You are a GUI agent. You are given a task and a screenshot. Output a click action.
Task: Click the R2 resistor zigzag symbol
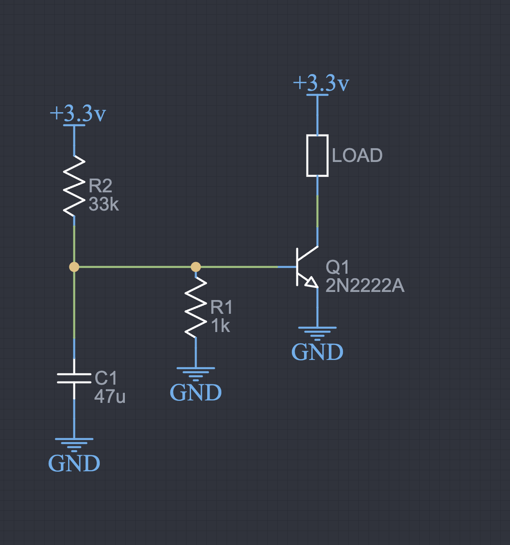click(74, 186)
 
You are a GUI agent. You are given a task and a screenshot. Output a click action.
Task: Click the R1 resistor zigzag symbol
click(196, 307)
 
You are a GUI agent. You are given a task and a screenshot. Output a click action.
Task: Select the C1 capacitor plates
click(74, 378)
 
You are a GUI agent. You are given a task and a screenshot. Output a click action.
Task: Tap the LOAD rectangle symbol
click(317, 155)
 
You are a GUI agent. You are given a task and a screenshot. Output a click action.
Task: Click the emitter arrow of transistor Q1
click(311, 282)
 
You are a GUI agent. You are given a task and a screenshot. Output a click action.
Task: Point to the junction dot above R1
click(196, 267)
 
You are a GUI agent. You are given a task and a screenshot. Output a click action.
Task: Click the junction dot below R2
click(74, 267)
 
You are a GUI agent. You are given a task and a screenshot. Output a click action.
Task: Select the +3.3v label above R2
click(78, 113)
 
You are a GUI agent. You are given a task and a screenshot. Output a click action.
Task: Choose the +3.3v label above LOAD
click(321, 83)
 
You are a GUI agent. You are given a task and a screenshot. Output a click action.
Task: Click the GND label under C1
click(74, 463)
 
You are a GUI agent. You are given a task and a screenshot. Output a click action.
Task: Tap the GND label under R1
click(196, 392)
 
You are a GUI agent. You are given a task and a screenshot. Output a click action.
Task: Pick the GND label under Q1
click(317, 352)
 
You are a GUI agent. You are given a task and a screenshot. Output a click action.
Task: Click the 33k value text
click(104, 204)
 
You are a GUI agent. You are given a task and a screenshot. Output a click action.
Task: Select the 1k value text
click(221, 326)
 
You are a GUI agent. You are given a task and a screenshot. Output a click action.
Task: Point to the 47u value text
click(110, 396)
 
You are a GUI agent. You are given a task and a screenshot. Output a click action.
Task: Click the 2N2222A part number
click(365, 286)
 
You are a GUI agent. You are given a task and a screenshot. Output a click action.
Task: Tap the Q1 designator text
click(337, 267)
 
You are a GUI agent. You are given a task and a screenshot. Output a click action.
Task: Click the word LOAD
click(357, 155)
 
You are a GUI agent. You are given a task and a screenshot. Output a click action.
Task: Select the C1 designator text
click(106, 378)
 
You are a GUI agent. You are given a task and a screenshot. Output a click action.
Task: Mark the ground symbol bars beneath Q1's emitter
click(317, 332)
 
